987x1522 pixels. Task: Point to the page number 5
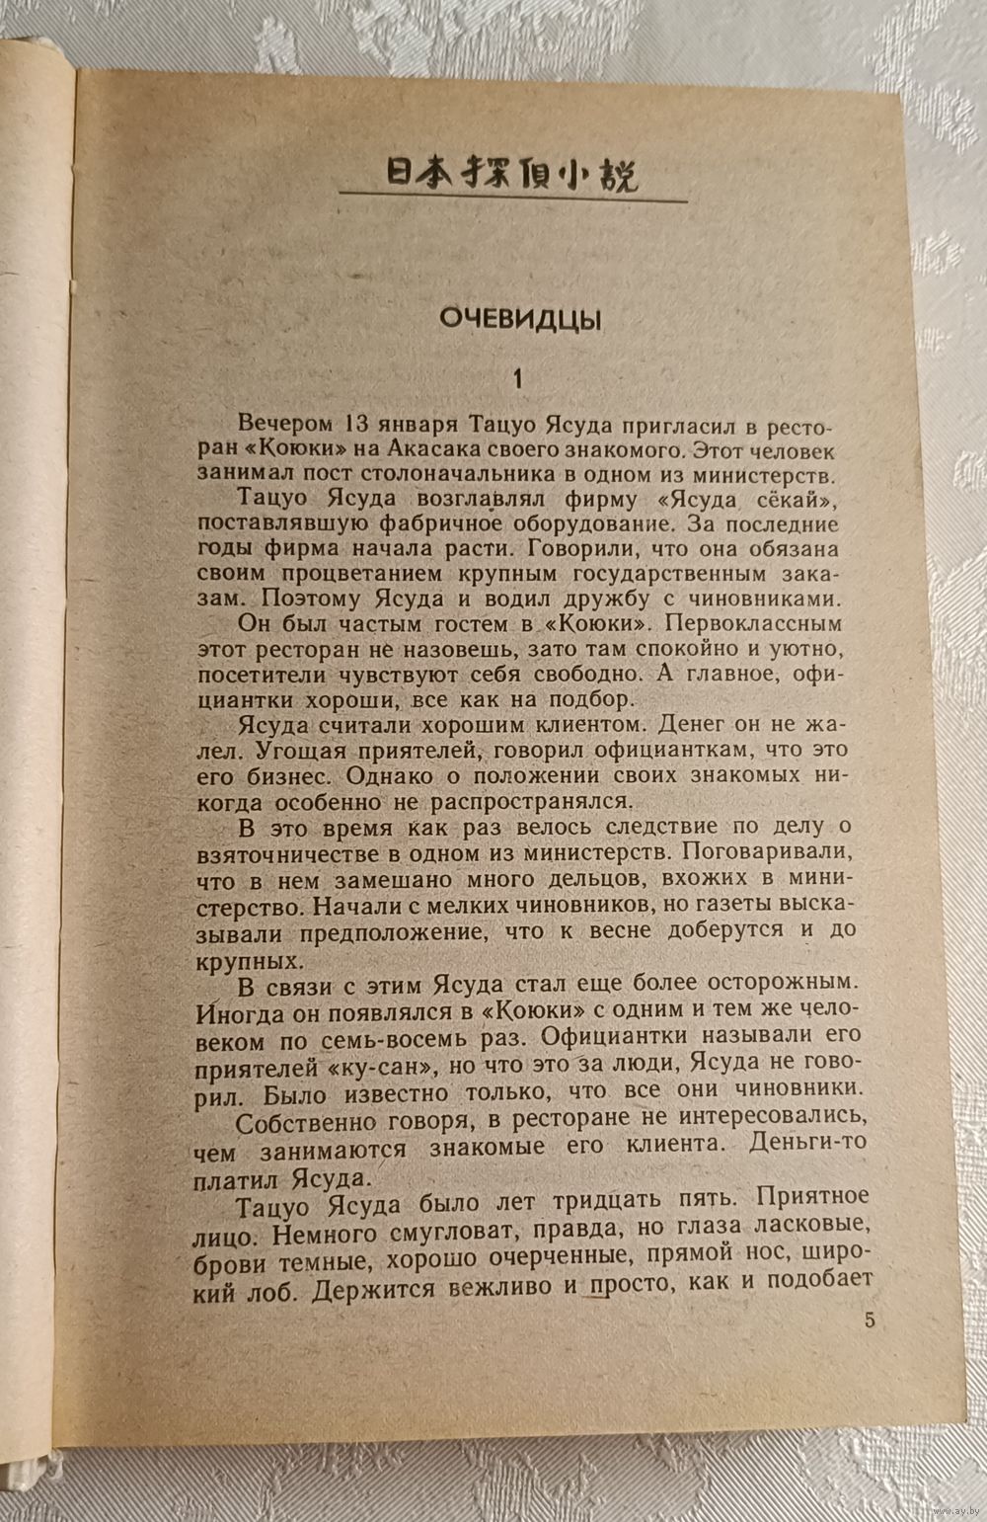click(869, 1321)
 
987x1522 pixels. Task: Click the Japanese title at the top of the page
click(511, 176)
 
